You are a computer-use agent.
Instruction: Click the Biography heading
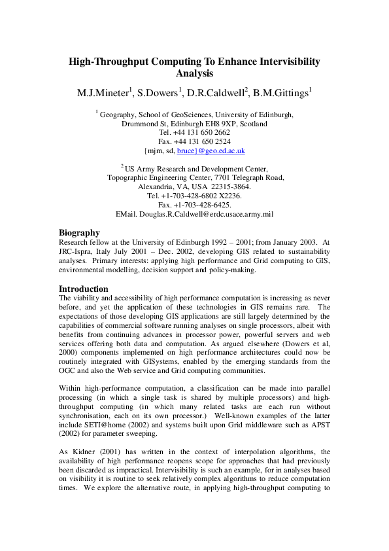79,232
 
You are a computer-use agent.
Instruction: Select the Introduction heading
84,289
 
